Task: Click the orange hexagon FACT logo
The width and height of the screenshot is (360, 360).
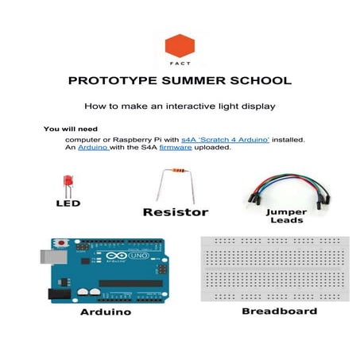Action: click(x=180, y=46)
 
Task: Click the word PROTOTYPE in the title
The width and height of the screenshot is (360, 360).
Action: click(x=111, y=81)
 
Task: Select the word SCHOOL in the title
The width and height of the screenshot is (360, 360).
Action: click(x=259, y=81)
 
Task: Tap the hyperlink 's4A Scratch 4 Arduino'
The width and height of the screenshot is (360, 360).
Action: click(x=226, y=139)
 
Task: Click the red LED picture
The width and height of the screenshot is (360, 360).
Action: click(x=68, y=184)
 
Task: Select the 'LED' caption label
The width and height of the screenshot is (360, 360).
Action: click(x=68, y=203)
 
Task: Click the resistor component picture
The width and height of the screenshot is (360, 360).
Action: click(x=176, y=184)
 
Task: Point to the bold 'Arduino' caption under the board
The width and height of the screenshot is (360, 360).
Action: click(x=106, y=313)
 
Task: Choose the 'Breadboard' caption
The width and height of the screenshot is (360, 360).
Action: click(x=279, y=311)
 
